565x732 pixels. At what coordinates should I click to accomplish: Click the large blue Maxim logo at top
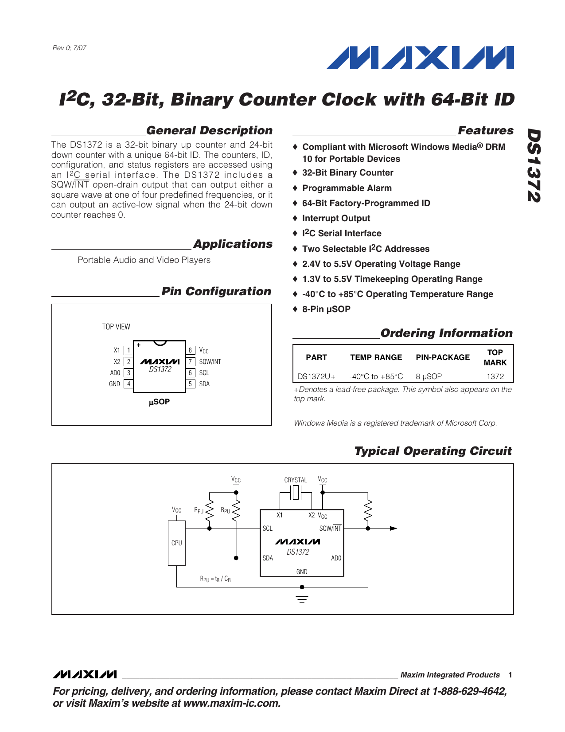point(420,58)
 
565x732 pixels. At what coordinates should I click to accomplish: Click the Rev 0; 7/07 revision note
point(70,48)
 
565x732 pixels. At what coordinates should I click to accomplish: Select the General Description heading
point(209,130)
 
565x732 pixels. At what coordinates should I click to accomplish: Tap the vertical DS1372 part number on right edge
point(534,165)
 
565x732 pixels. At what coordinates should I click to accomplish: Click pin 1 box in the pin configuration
point(129,350)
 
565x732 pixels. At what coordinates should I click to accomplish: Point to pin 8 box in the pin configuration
point(190,350)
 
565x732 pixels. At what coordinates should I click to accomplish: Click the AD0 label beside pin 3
point(115,373)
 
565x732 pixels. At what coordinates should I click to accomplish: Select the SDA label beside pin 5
point(204,384)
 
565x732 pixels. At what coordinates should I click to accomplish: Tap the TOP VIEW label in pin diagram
point(116,327)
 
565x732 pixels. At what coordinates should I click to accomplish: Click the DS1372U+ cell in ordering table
point(316,376)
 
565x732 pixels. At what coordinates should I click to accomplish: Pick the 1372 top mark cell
point(495,376)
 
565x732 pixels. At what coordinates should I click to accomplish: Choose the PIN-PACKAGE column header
point(443,357)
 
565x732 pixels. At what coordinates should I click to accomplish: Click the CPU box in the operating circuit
point(176,543)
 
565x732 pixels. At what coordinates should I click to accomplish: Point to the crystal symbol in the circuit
point(296,492)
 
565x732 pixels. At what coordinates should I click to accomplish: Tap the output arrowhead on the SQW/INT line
point(393,528)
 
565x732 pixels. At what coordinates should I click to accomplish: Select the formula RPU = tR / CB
point(215,579)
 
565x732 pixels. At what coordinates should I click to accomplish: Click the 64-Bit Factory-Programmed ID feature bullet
point(366,203)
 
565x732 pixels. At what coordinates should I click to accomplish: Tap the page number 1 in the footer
point(510,675)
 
